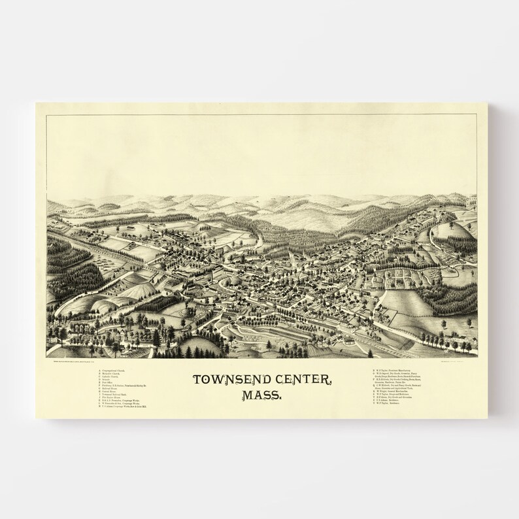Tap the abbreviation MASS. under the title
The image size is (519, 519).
[259, 395]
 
